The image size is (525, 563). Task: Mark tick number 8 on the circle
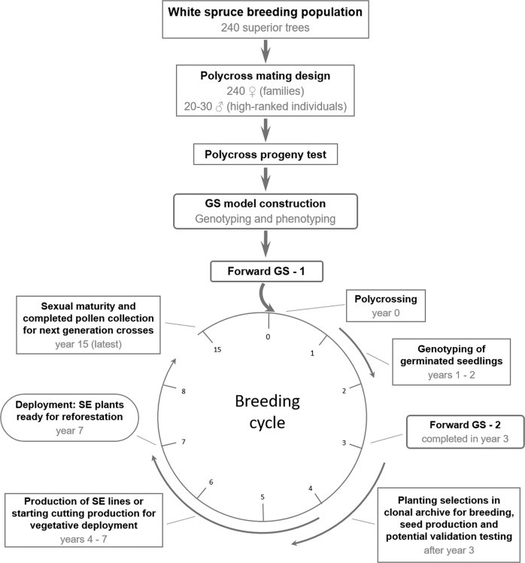[184, 391]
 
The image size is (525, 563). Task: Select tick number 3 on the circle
[344, 443]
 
